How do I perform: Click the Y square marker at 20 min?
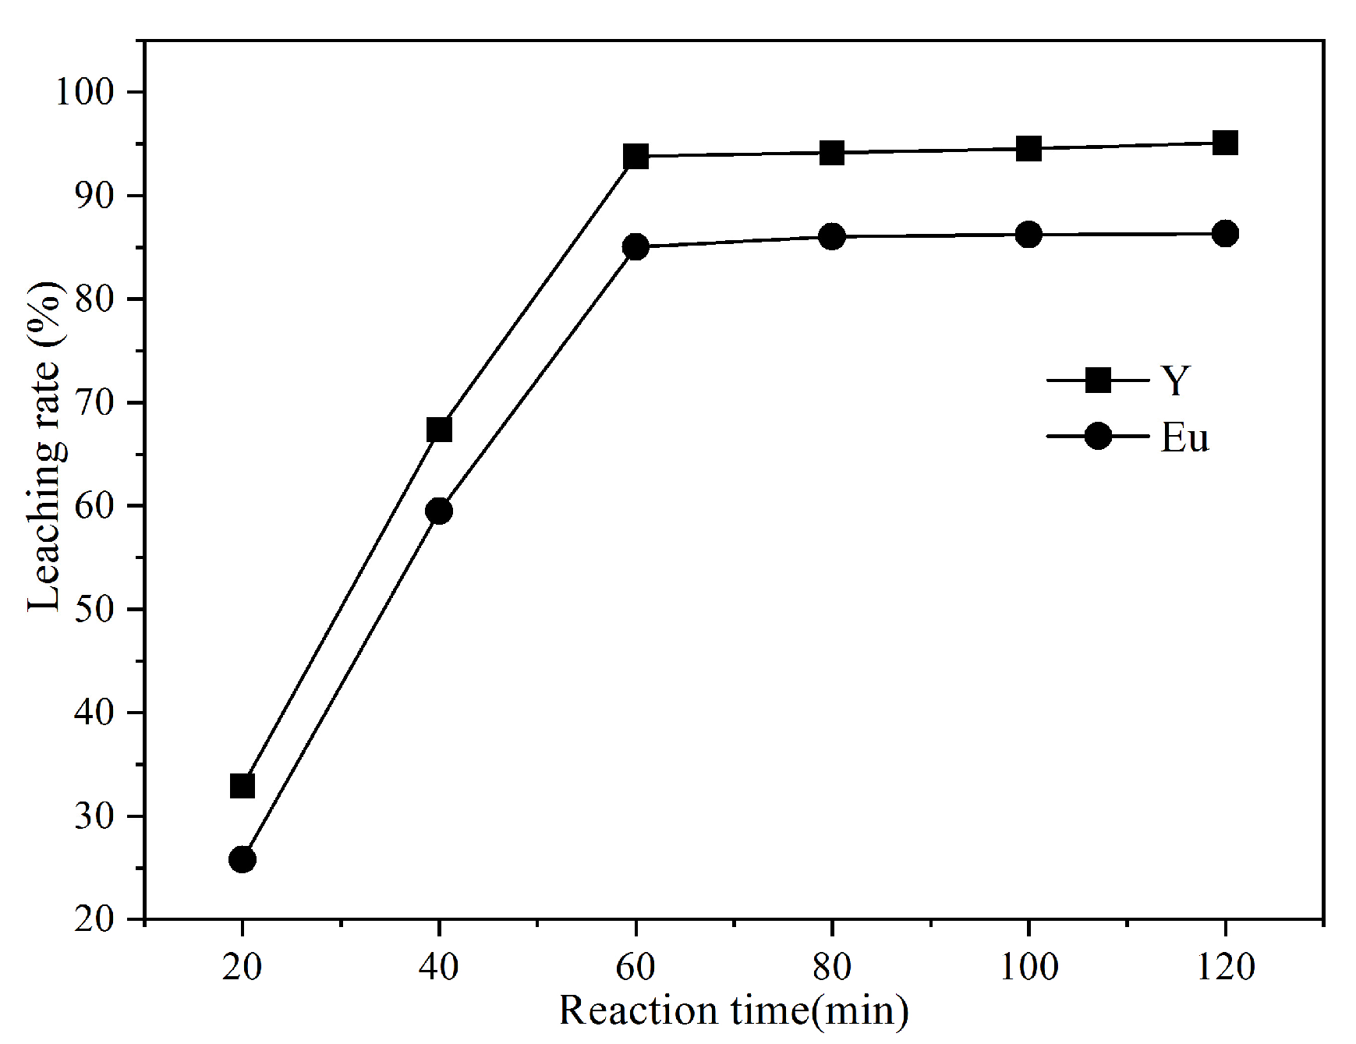243,786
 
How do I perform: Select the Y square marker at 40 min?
439,430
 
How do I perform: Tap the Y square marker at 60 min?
636,157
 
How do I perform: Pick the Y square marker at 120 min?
1225,143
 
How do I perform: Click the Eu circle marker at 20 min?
243,860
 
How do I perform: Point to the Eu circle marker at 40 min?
439,511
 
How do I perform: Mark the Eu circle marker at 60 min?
636,247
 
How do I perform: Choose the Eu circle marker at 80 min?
832,236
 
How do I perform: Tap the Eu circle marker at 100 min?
1029,234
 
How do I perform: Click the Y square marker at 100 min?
1029,149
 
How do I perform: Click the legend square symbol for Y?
1098,380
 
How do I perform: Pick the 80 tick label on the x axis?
832,967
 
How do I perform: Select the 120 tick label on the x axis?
1225,967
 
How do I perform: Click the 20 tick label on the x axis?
243,967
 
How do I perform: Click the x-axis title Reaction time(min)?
733,1011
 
